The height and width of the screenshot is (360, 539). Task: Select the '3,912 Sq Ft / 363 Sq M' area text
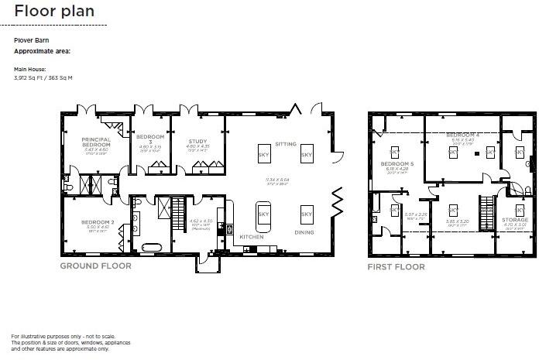pyautogui.click(x=43, y=77)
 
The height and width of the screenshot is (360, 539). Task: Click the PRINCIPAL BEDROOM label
pyautogui.click(x=97, y=142)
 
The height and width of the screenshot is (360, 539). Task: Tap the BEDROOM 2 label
pyautogui.click(x=98, y=222)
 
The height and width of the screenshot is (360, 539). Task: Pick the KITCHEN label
pyautogui.click(x=251, y=236)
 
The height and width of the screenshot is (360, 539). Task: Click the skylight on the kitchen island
pyautogui.click(x=263, y=213)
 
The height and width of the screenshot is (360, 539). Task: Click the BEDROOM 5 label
pyautogui.click(x=397, y=164)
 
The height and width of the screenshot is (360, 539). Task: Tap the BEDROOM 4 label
pyautogui.click(x=463, y=135)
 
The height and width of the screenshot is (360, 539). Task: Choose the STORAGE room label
pyautogui.click(x=515, y=220)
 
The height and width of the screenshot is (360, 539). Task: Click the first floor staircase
pyautogui.click(x=487, y=207)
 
